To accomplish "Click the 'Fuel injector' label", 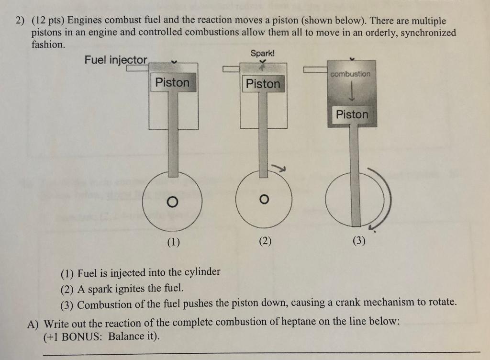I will [x=116, y=60].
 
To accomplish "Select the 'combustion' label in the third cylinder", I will [x=350, y=74].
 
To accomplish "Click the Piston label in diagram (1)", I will [x=172, y=82].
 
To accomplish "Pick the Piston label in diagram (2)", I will [x=263, y=84].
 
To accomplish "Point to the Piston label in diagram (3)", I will [x=352, y=114].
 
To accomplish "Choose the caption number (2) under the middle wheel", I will [x=265, y=241].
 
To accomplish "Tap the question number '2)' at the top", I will [x=19, y=22].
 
